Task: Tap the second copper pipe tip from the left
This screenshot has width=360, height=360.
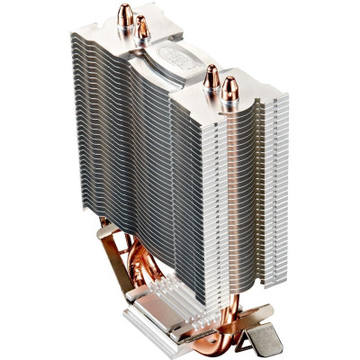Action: pyautogui.click(x=142, y=30)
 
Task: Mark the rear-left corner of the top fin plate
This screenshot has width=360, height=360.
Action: pyautogui.click(x=75, y=32)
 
